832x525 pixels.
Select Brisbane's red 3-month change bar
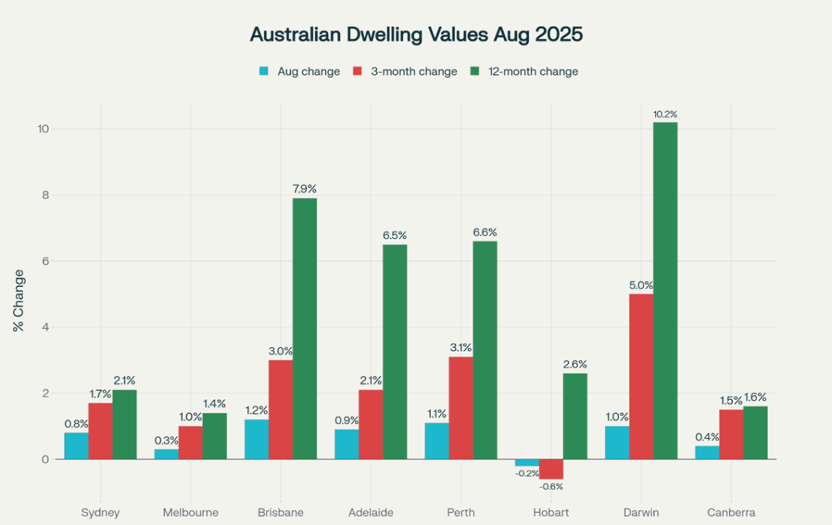point(280,410)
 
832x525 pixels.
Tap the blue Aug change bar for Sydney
point(76,445)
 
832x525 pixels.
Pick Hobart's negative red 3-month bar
point(550,469)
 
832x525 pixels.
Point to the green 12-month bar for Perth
point(484,350)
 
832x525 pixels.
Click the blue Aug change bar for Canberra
point(707,453)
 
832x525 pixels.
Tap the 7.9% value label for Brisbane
point(305,189)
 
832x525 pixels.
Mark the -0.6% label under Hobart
point(550,486)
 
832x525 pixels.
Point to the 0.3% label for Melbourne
point(166,440)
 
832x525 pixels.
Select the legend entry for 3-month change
point(404,72)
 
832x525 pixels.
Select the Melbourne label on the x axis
point(190,513)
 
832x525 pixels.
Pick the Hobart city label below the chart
point(550,513)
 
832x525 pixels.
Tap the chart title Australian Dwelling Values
point(416,35)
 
